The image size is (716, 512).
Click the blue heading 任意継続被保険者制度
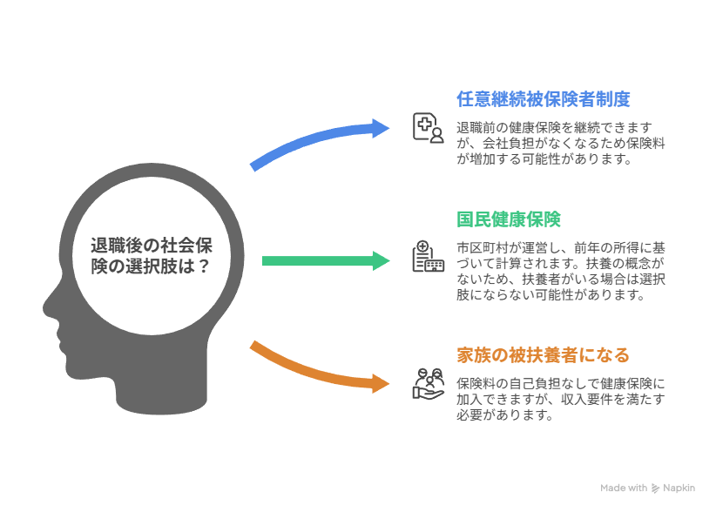click(543, 99)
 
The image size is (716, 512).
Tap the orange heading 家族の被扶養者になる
click(543, 355)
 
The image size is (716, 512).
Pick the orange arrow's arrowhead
click(384, 382)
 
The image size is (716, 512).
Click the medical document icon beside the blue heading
click(428, 127)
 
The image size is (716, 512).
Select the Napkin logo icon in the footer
click(656, 488)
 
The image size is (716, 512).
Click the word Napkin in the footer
click(679, 488)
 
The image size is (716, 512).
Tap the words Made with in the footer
click(624, 488)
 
